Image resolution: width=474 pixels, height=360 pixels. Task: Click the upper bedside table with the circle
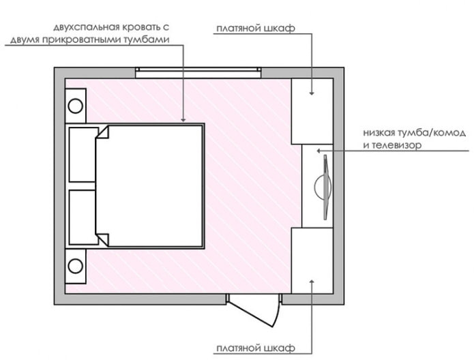pos(76,107)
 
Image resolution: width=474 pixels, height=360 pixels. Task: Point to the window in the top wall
pos(198,71)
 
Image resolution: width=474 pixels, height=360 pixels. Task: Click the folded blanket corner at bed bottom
pos(103,238)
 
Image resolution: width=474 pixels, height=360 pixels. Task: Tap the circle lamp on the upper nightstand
pos(76,107)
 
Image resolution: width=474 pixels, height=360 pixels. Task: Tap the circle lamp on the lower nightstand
pos(76,265)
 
